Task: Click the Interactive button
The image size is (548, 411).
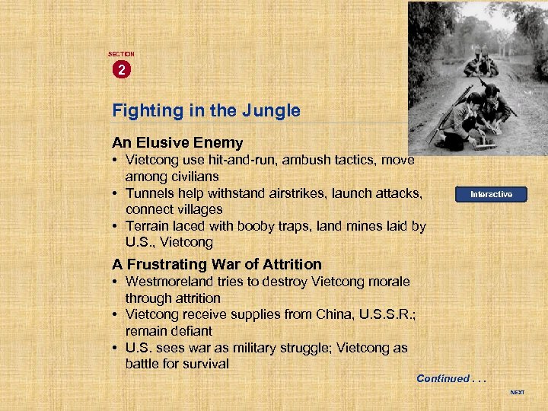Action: tap(491, 194)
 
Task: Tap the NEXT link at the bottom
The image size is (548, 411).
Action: tap(517, 393)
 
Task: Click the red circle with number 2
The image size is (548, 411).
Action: tap(121, 70)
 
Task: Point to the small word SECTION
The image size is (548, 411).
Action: tap(121, 54)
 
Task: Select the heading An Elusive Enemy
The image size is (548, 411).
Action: tap(177, 142)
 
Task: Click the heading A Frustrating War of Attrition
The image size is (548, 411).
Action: tap(217, 264)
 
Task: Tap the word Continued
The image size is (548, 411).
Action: tap(443, 378)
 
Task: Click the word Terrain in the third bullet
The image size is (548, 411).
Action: tap(150, 226)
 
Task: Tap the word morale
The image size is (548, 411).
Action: tap(388, 282)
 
